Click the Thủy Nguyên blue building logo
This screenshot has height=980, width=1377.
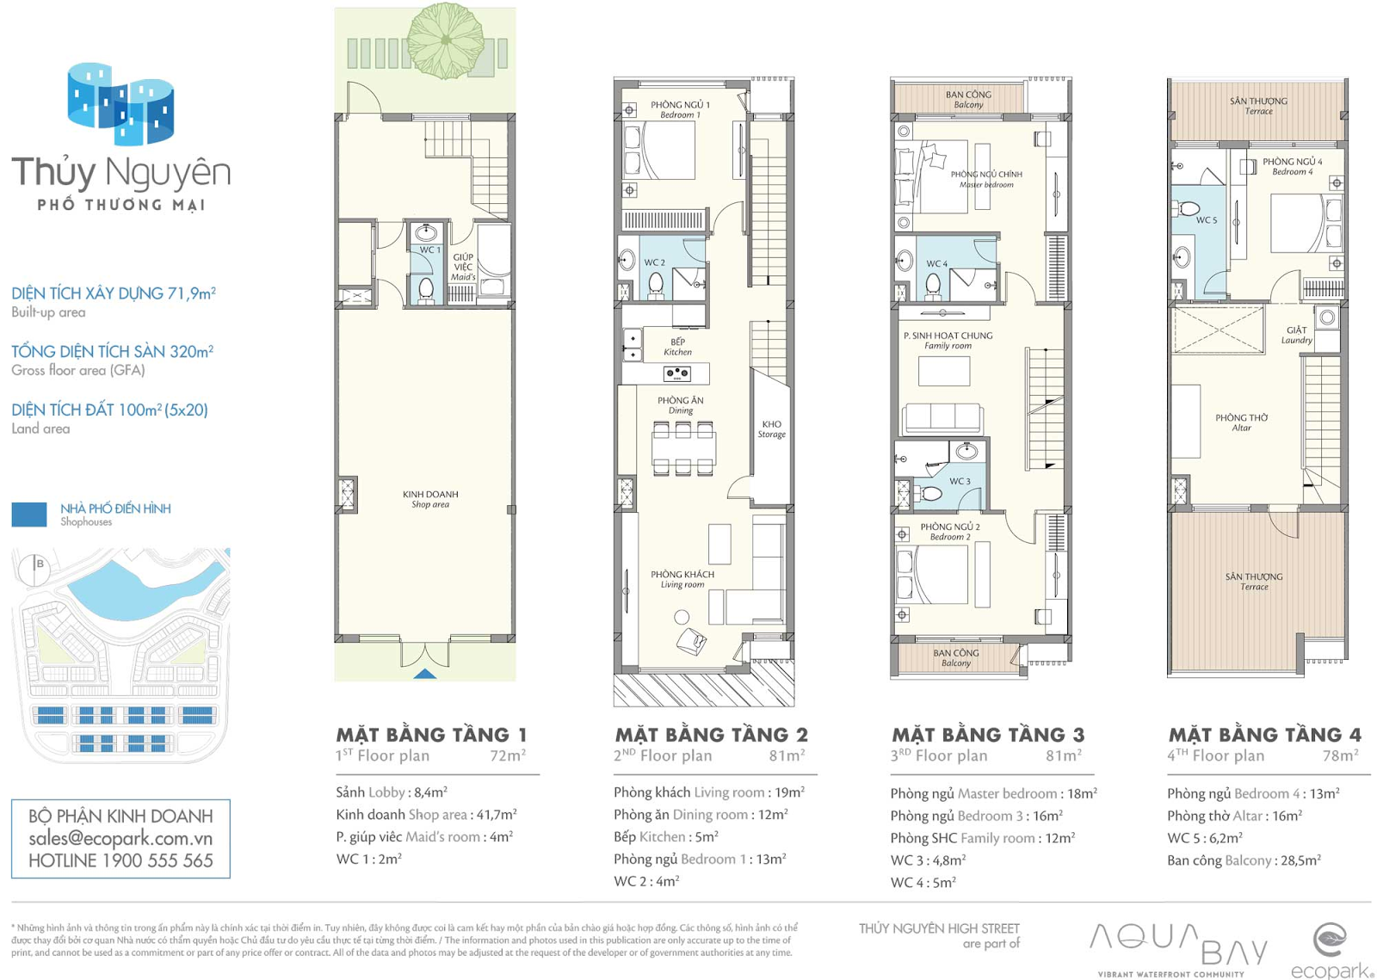click(x=120, y=104)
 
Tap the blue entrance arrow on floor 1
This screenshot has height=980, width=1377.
click(x=425, y=674)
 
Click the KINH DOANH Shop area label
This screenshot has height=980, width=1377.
click(x=430, y=499)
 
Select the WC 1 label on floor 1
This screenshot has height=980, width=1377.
click(x=429, y=250)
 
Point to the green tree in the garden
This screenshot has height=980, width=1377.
click(x=447, y=40)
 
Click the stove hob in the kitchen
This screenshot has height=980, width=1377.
click(x=676, y=373)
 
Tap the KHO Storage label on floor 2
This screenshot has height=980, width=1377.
click(x=771, y=428)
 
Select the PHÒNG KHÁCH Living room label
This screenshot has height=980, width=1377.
click(x=682, y=579)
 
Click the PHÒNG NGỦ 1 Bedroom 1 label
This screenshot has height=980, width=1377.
click(x=680, y=109)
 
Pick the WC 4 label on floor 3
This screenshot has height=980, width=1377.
click(x=937, y=263)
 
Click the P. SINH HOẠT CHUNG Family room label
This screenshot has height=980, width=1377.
click(x=948, y=341)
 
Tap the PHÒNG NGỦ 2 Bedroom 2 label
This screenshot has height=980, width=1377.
click(x=950, y=532)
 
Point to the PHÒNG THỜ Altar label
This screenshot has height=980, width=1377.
click(x=1241, y=422)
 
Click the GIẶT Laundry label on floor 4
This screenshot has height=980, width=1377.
click(x=1296, y=335)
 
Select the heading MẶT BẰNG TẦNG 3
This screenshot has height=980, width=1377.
click(x=988, y=734)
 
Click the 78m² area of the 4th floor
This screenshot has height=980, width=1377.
click(x=1341, y=755)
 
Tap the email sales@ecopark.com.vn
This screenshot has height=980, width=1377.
click(x=120, y=838)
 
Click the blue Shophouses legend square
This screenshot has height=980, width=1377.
click(x=29, y=515)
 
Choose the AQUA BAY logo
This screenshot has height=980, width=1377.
click(x=1178, y=948)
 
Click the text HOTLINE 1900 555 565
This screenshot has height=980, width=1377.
click(x=120, y=860)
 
